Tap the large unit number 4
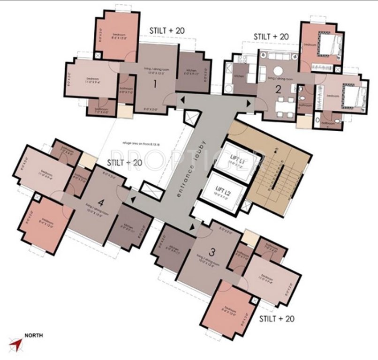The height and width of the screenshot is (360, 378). click(x=101, y=204)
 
